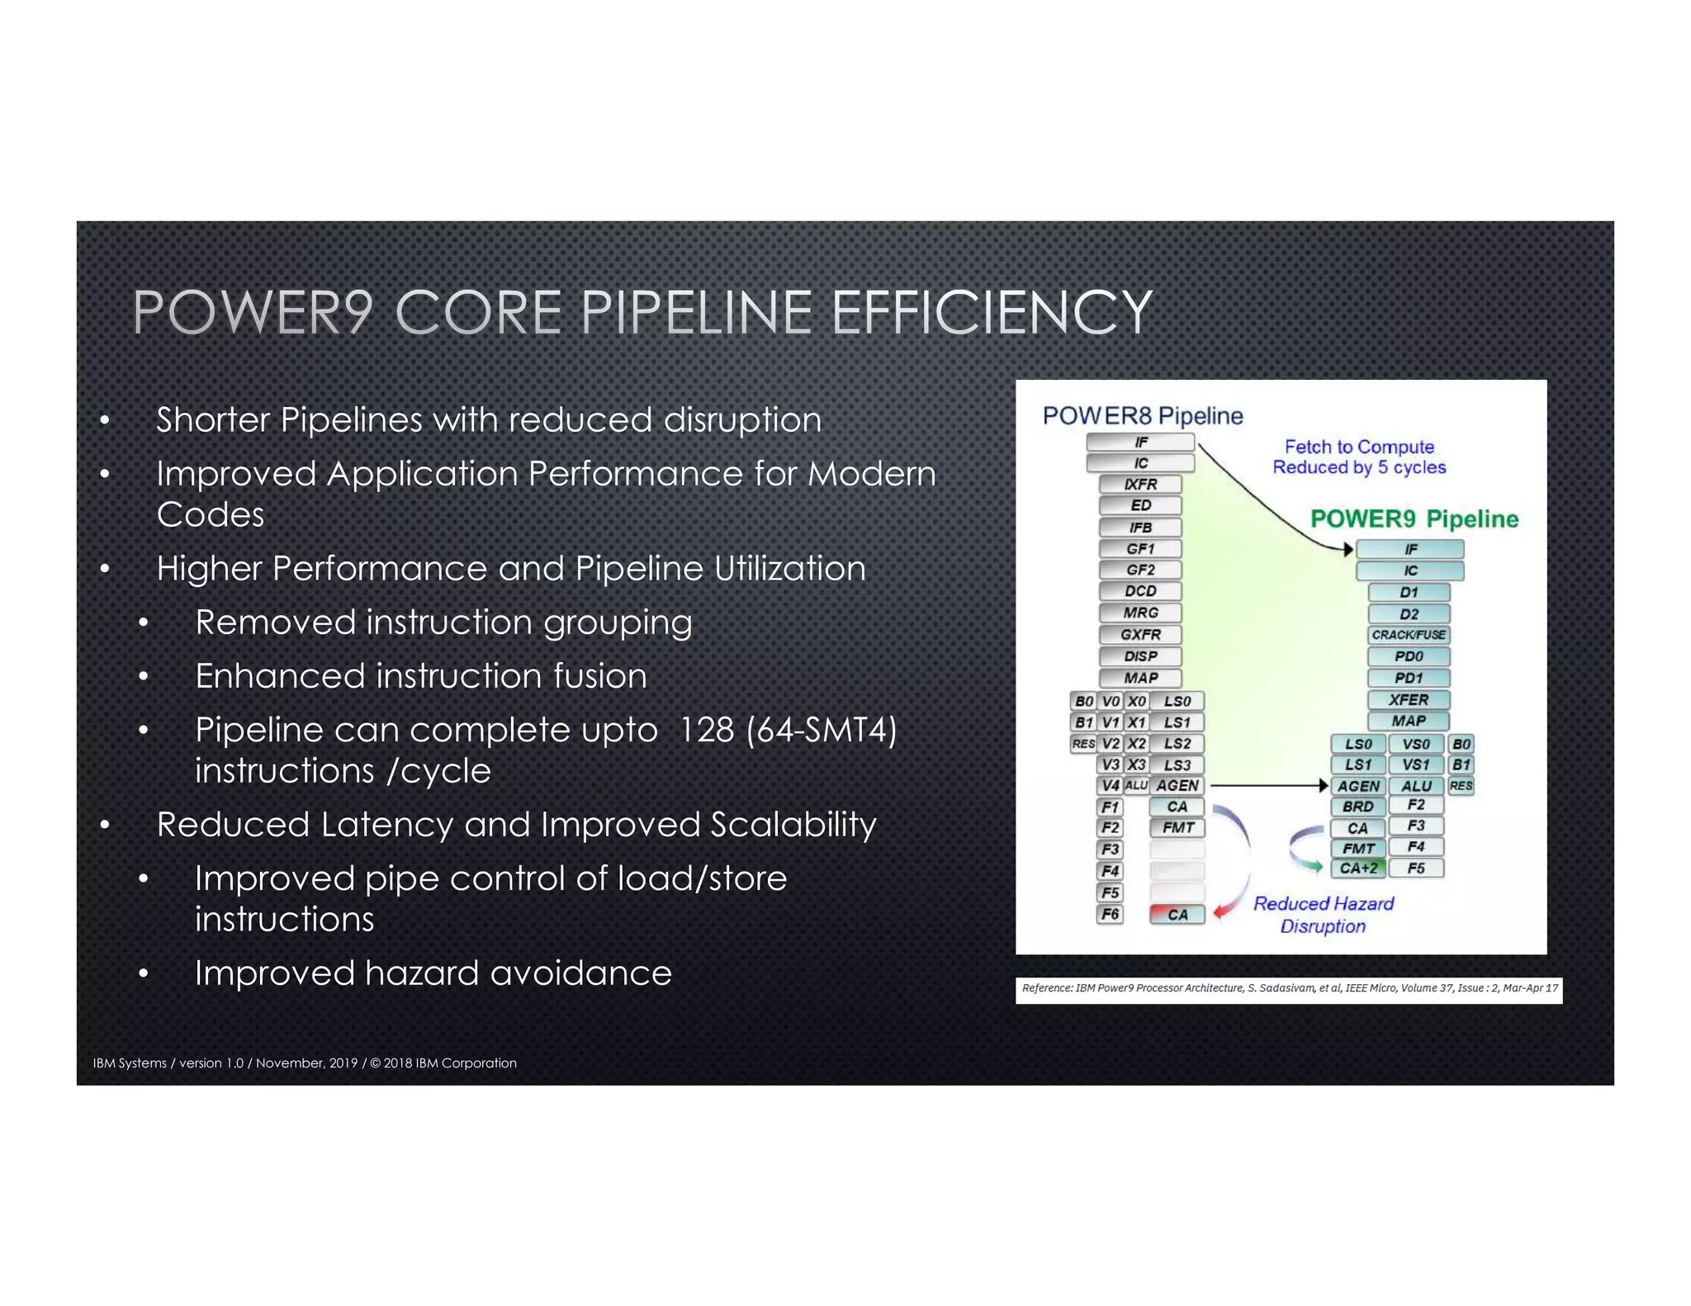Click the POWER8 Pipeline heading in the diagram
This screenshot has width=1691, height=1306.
coord(1142,415)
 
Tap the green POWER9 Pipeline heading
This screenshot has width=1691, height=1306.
coord(1414,518)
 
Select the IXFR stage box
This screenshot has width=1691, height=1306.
coord(1140,484)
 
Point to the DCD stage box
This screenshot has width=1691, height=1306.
coord(1140,591)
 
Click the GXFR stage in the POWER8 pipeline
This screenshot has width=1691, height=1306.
coord(1140,634)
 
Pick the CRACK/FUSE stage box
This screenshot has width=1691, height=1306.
coord(1409,635)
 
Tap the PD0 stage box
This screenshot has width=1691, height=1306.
coord(1409,656)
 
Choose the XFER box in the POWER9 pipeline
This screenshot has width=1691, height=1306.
coord(1409,699)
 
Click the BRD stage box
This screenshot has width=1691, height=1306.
coord(1357,807)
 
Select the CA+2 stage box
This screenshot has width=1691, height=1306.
coord(1357,868)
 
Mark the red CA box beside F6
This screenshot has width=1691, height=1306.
coord(1177,914)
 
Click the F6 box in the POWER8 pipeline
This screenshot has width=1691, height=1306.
coord(1110,914)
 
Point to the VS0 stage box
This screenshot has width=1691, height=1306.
coord(1415,744)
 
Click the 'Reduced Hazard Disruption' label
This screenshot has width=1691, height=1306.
coord(1323,915)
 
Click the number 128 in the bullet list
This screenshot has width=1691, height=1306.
coord(706,730)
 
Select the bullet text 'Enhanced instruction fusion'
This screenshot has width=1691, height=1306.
coord(420,676)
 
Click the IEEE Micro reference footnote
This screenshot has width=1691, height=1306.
coord(1289,988)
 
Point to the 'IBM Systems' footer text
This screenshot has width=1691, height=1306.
coord(130,1063)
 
